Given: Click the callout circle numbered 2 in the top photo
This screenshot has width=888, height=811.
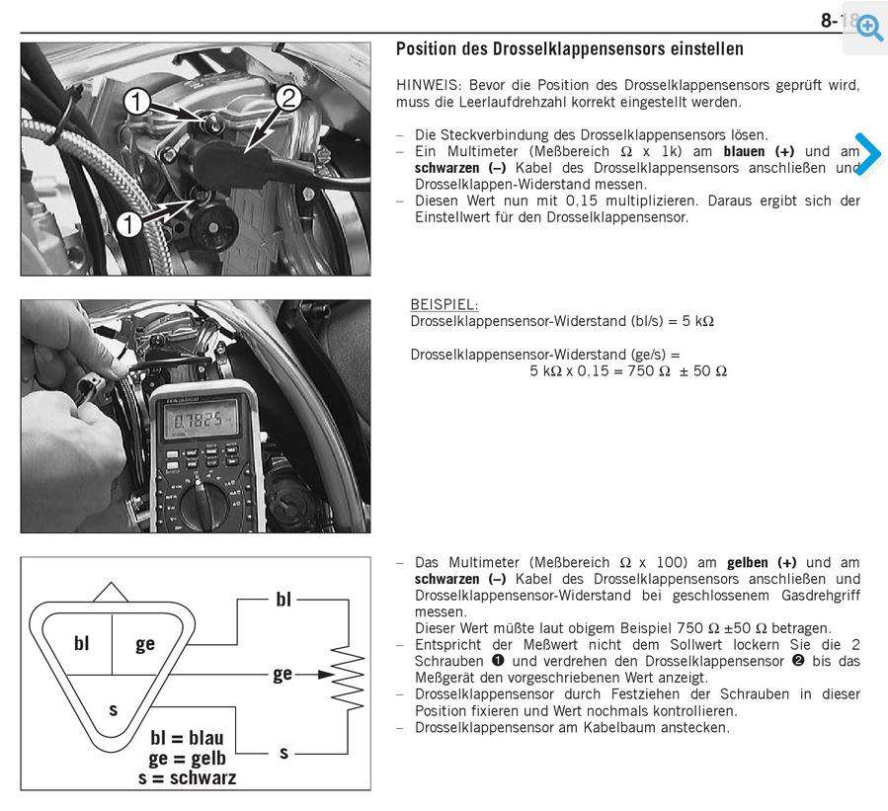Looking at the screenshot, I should (287, 98).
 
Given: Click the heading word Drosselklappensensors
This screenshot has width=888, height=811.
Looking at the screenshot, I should (575, 48).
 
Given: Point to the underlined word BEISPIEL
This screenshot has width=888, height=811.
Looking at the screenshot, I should (444, 305).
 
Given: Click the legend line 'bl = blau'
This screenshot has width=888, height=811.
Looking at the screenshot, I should (187, 737).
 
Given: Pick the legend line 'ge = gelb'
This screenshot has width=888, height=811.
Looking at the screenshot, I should (188, 758).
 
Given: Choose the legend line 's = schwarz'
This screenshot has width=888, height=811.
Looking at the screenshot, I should (187, 777).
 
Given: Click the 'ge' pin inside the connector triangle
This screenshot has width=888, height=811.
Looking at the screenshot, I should (145, 643).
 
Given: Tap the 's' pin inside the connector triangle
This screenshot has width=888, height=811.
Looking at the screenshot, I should (113, 708).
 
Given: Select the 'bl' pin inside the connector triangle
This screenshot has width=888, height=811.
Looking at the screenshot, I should (82, 643).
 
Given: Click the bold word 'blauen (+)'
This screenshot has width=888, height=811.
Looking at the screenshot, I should (759, 151).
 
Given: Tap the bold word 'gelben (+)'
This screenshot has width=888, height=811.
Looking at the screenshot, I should (762, 562).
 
